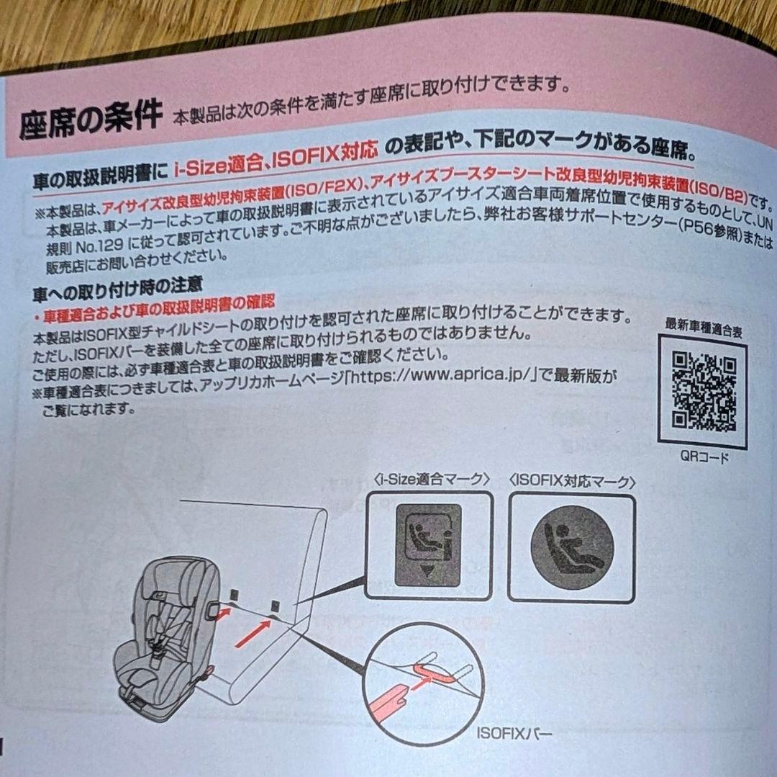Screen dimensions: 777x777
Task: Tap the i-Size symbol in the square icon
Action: (x=429, y=545)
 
